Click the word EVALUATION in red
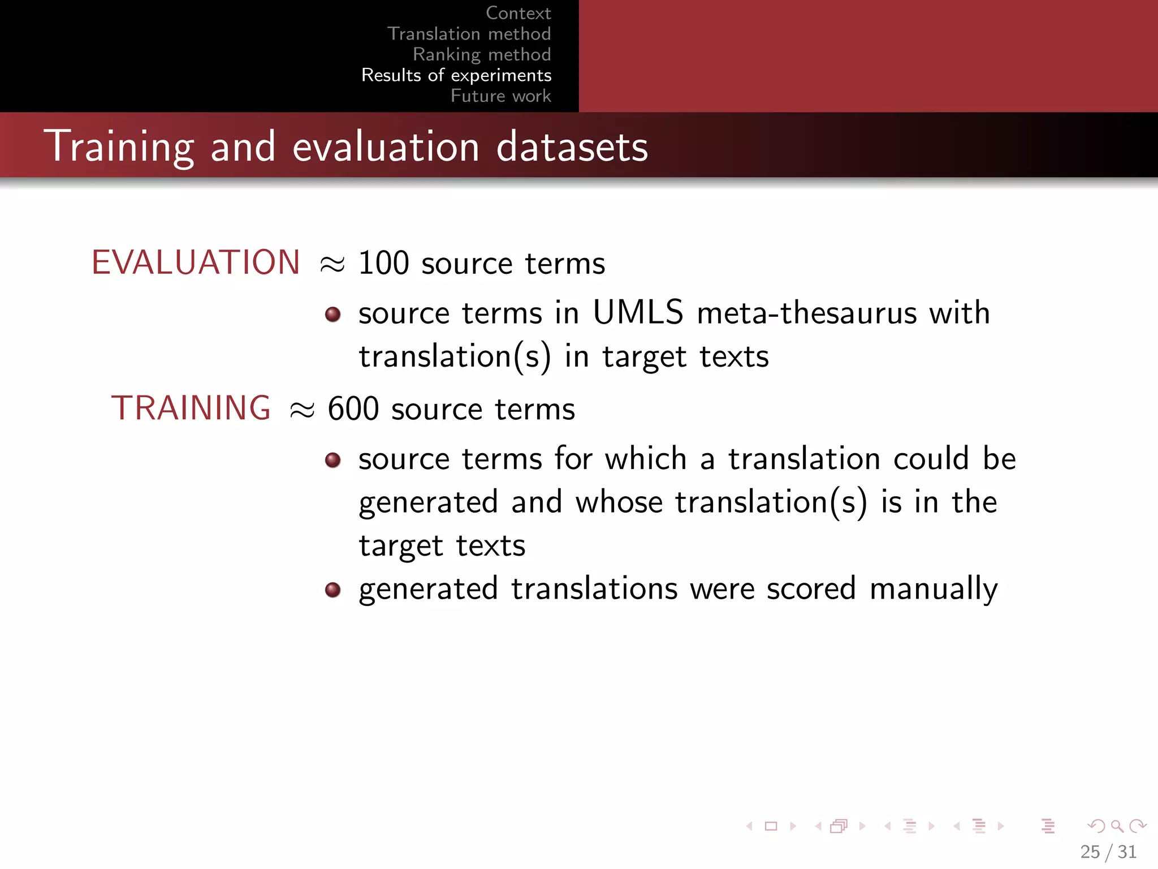[x=196, y=263]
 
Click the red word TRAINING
[x=191, y=408]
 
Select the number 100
[x=383, y=264]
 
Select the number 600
[x=353, y=409]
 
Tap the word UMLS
[x=638, y=312]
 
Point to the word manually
[x=933, y=590]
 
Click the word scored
[x=811, y=589]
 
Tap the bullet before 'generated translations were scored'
[x=333, y=591]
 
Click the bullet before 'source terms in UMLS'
[x=333, y=315]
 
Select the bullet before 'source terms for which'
[x=333, y=460]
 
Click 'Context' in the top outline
[x=518, y=13]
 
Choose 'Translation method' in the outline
[x=469, y=34]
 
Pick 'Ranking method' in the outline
[x=482, y=54]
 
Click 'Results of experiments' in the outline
[x=456, y=75]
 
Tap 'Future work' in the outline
[x=500, y=96]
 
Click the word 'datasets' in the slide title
[x=572, y=147]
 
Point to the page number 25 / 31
[x=1108, y=851]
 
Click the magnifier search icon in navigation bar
[x=1117, y=826]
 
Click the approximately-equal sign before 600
[x=302, y=410]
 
